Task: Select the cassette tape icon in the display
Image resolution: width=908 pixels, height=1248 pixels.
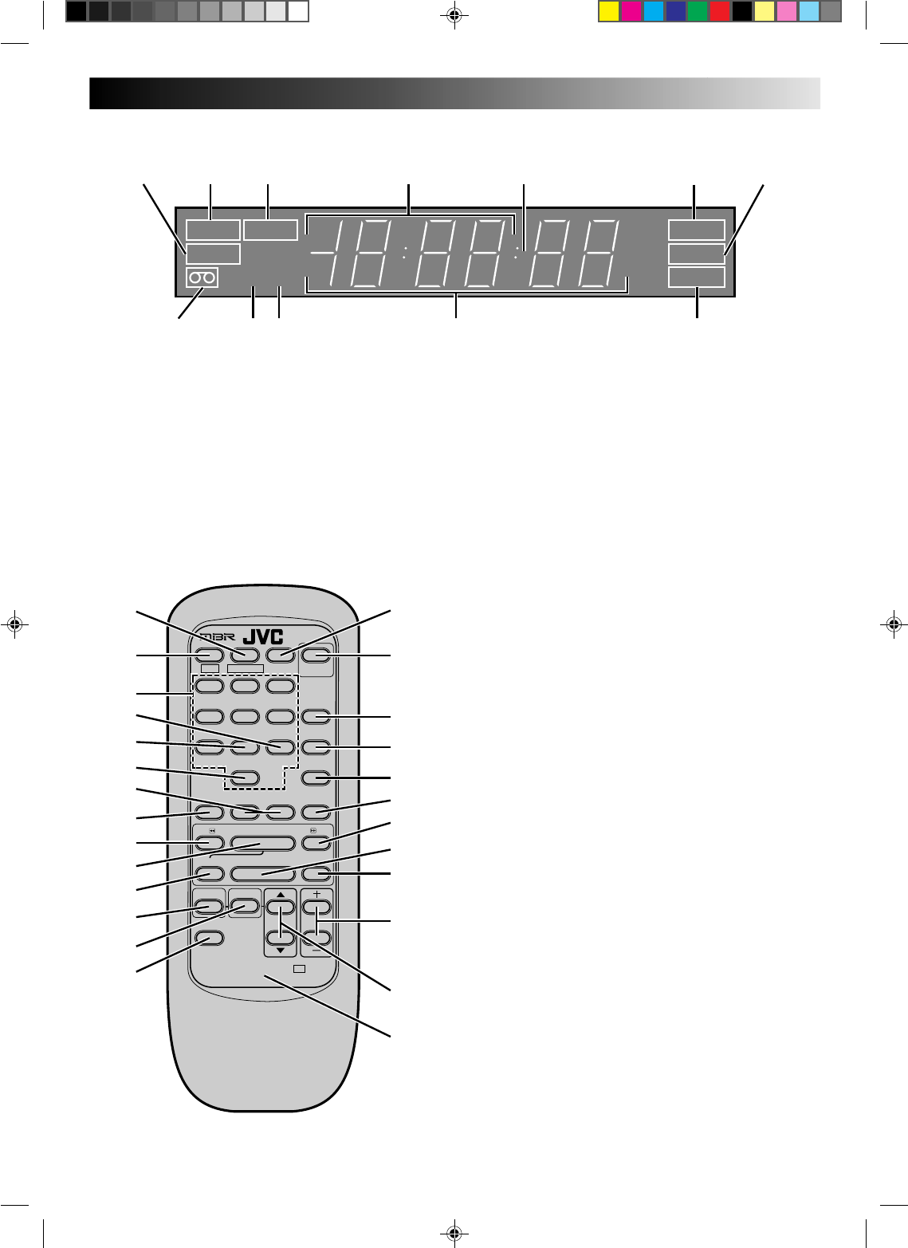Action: [x=202, y=278]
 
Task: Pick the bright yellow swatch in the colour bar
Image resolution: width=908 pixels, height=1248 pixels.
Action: [x=609, y=12]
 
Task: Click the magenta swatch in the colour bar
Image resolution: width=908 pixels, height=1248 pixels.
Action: [x=631, y=12]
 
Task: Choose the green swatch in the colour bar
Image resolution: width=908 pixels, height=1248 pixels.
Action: [x=698, y=12]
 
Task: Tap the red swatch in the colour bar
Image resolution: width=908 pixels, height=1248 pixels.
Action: [x=720, y=12]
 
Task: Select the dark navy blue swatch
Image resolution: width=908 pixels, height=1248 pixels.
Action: [x=676, y=12]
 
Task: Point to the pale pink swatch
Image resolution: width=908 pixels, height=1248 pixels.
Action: [x=787, y=12]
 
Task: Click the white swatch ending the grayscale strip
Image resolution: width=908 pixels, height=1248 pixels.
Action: [x=299, y=12]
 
